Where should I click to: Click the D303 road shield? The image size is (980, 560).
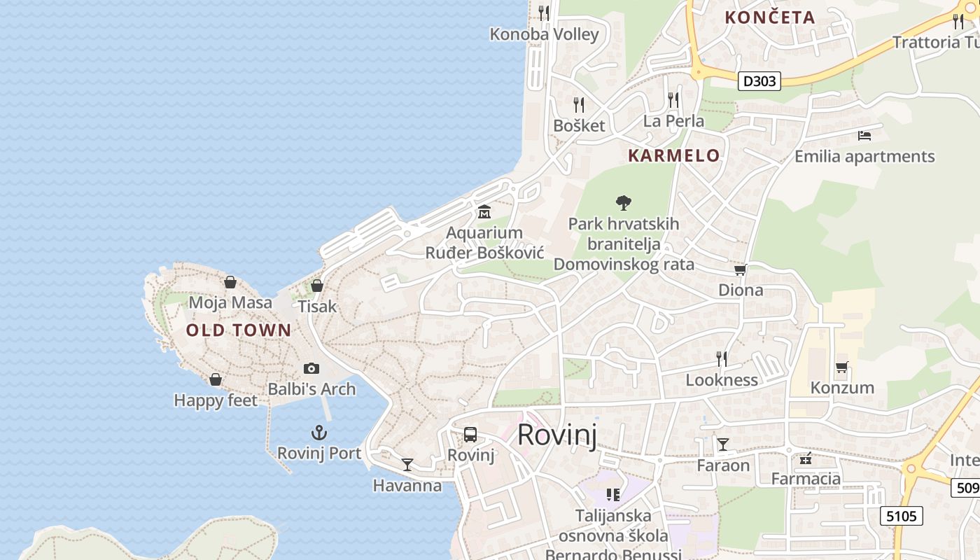pos(759,81)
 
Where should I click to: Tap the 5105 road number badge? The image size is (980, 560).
pos(901,517)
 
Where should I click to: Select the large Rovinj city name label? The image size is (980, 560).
pos(557,435)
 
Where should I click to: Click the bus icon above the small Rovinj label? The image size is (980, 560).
pos(470,435)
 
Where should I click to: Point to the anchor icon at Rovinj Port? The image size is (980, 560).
pos(319,433)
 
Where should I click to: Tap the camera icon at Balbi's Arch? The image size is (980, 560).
pos(311,368)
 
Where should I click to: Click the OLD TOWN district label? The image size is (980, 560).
pos(239,330)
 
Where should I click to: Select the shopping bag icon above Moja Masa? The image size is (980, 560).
pos(230,282)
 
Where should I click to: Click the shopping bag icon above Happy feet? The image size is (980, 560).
pos(216,379)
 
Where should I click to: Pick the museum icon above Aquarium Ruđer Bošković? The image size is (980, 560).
pos(484,211)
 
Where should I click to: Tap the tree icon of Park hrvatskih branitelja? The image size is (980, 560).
pos(623,203)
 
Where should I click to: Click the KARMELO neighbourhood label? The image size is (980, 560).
pos(673,155)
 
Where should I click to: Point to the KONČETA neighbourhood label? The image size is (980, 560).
pos(770,17)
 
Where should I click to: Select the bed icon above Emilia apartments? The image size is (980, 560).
pos(864,135)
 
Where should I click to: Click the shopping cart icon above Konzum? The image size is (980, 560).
pos(842,367)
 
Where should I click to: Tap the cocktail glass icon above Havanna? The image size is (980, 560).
pos(407,464)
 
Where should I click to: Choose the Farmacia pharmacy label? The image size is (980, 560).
pos(806,479)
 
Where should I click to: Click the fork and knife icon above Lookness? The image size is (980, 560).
pos(722,359)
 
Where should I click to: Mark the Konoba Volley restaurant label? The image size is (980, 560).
pos(544,34)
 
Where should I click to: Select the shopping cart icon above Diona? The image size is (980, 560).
pos(741,269)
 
